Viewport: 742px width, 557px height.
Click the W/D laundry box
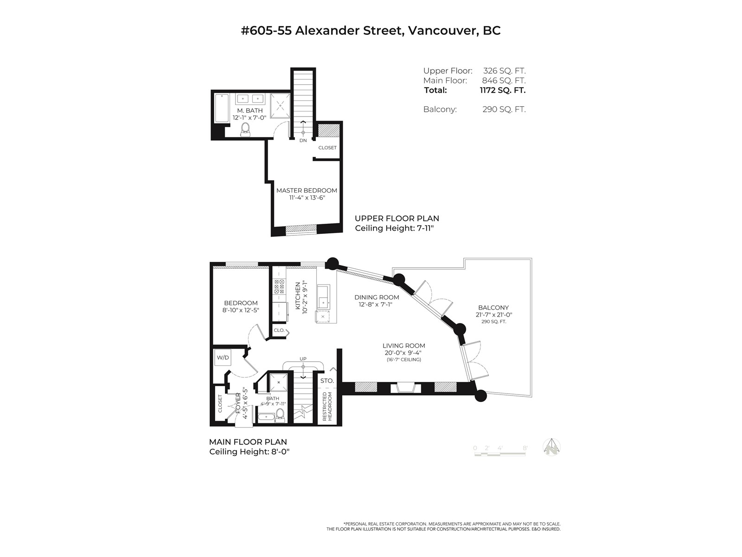coord(223,357)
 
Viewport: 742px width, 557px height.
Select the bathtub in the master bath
coord(222,108)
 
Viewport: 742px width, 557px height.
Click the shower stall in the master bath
coord(280,105)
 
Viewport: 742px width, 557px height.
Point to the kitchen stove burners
coord(280,286)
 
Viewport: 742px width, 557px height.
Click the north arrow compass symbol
coord(552,447)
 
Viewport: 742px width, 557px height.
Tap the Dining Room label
coord(377,297)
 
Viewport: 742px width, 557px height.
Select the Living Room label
coord(403,346)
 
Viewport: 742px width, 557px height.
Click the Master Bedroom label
coord(307,190)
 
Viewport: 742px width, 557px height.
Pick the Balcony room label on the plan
coord(493,307)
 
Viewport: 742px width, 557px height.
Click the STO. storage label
coord(327,381)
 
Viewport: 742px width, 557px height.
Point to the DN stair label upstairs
coord(303,140)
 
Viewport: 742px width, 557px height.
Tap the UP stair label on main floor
coord(303,359)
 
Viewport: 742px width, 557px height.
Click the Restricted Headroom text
coord(327,406)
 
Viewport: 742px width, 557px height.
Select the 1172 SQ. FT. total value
coord(503,91)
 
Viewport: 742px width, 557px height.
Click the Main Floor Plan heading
coord(248,442)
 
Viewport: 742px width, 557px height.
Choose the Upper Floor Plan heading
coord(397,218)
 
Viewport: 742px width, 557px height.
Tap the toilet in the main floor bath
coord(280,415)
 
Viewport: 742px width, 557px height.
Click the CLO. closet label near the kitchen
coord(279,330)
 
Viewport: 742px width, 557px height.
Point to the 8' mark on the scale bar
coord(525,448)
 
